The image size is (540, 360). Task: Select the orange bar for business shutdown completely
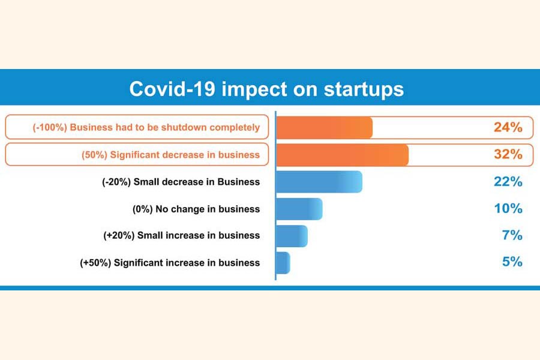(324, 127)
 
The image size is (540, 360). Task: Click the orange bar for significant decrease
(342, 154)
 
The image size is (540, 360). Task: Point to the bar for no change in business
(299, 209)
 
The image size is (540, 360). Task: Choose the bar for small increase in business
(292, 236)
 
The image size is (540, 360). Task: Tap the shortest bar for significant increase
(283, 263)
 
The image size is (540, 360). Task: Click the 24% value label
(508, 127)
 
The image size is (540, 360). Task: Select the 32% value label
(508, 154)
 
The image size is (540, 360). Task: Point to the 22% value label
(508, 182)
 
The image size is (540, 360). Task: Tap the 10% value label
(508, 209)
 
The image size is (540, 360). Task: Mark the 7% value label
(512, 236)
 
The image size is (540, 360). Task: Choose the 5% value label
(512, 263)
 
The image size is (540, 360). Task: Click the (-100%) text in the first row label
(49, 127)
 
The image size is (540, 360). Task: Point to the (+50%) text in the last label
(95, 263)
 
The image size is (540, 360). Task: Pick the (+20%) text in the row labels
(119, 236)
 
